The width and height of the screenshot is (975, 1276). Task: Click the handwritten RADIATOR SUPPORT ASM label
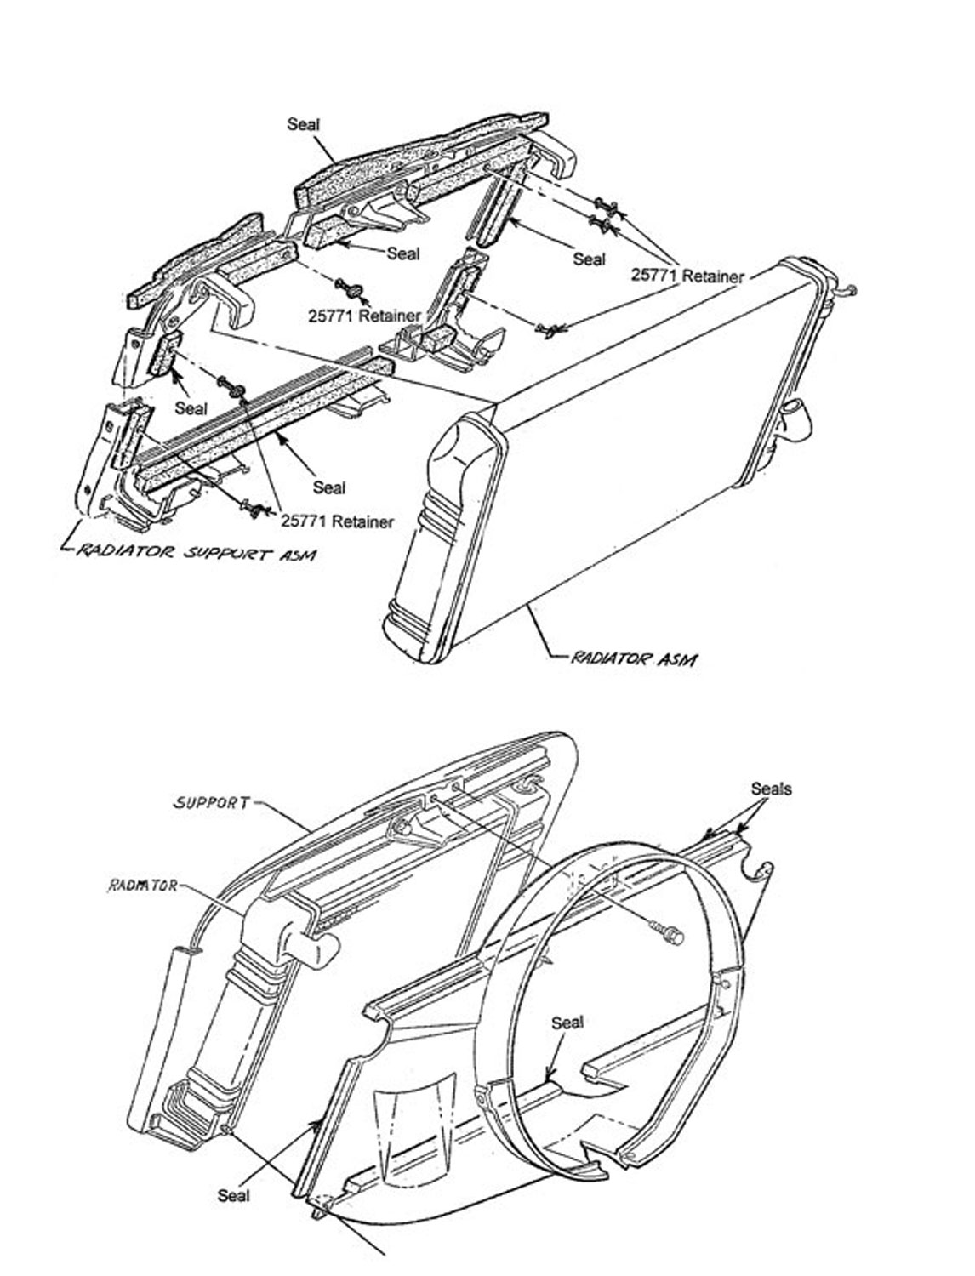pyautogui.click(x=196, y=554)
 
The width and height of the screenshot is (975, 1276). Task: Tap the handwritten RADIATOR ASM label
pyautogui.click(x=635, y=658)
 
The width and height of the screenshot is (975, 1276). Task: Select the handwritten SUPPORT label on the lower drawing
pyautogui.click(x=212, y=801)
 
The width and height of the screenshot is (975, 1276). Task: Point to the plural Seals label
pyautogui.click(x=771, y=789)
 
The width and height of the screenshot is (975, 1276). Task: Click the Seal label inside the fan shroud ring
pyautogui.click(x=567, y=1022)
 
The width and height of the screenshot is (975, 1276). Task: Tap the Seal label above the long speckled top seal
pyautogui.click(x=304, y=124)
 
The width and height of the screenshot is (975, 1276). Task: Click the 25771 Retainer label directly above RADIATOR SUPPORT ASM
pyautogui.click(x=338, y=521)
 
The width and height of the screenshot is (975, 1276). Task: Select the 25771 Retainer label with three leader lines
pyautogui.click(x=687, y=276)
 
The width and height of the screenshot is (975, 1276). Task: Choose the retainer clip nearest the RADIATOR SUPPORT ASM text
pyautogui.click(x=252, y=508)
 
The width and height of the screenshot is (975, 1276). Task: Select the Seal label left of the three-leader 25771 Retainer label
pyautogui.click(x=589, y=258)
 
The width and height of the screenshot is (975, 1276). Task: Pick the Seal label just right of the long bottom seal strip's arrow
pyautogui.click(x=328, y=487)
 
